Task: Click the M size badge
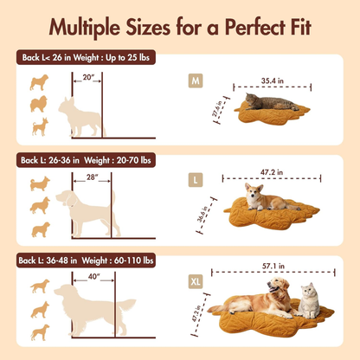click(x=196, y=82)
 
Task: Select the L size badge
click(x=196, y=180)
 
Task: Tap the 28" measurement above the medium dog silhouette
click(x=92, y=177)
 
